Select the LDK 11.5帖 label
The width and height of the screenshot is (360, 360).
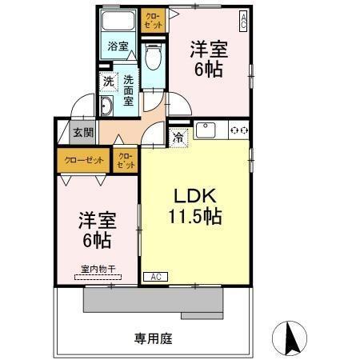[194, 206]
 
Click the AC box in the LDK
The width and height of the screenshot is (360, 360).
[155, 276]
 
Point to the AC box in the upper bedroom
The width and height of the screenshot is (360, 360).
[242, 17]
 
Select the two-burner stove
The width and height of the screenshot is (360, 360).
[238, 129]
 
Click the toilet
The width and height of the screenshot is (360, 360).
[153, 57]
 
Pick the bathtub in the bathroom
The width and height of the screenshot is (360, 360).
[118, 22]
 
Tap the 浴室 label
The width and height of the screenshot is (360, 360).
[118, 46]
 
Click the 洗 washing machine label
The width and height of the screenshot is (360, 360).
[107, 81]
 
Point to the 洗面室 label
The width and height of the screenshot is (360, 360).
[129, 90]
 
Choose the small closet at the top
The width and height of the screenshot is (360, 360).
[151, 19]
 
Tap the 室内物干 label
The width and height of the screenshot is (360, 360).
[97, 269]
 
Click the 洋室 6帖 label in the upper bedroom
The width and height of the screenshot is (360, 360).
[209, 58]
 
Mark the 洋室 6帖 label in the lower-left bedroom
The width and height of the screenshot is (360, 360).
[94, 228]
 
